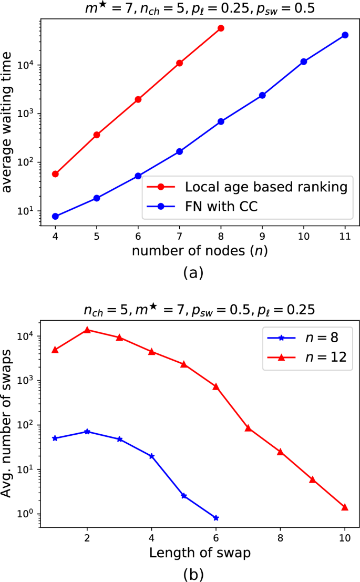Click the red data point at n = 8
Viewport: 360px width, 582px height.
pos(221,28)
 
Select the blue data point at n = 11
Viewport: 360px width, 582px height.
pos(345,35)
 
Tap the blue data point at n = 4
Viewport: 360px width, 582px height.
pos(55,216)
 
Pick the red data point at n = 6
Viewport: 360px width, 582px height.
pos(138,99)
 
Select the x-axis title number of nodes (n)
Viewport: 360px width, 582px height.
pos(200,250)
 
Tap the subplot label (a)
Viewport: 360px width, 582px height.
pos(192,272)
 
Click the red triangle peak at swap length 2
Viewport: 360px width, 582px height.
pos(87,330)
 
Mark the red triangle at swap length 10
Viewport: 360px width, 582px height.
pos(345,507)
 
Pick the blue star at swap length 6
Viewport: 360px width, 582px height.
pos(216,518)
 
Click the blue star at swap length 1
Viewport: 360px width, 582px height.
pos(55,438)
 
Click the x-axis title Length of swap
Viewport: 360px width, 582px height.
pos(200,553)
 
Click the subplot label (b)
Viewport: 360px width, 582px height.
pos(192,574)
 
